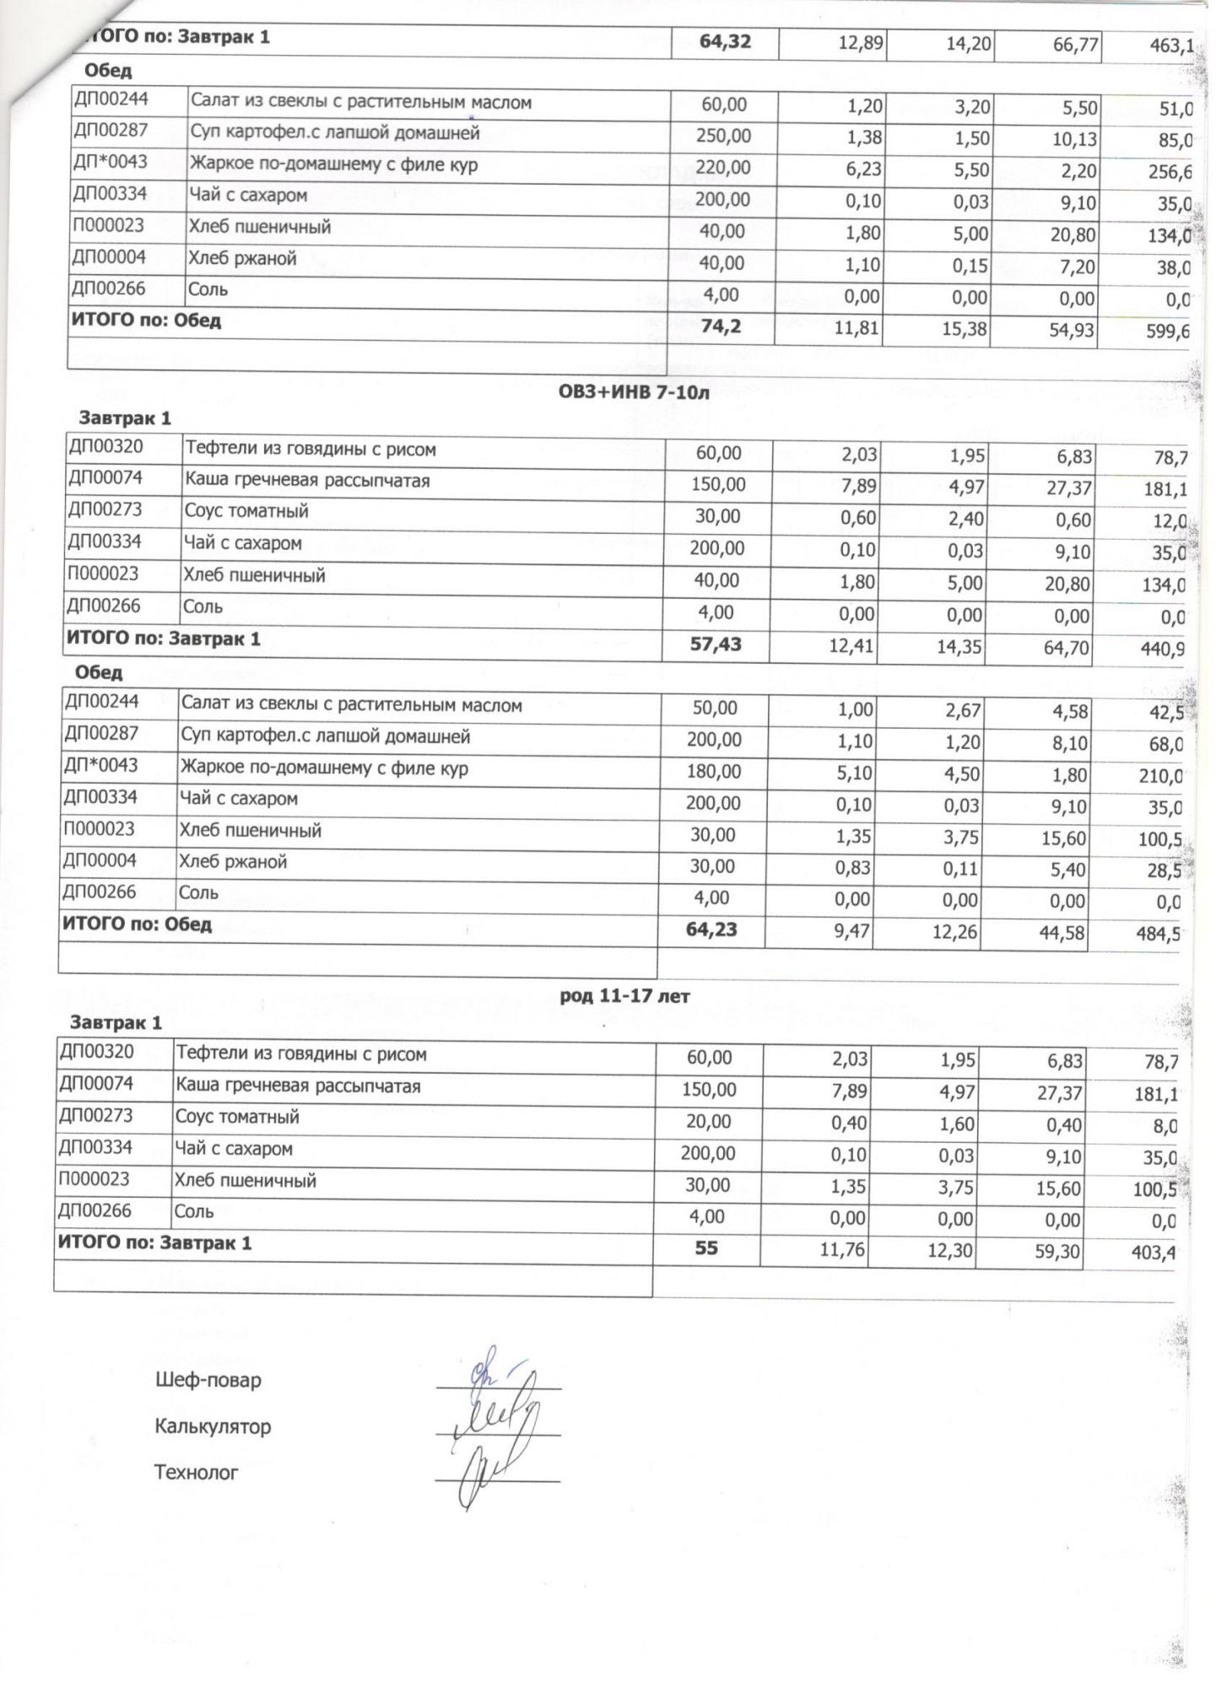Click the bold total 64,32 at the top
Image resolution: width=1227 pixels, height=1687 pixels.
pos(725,40)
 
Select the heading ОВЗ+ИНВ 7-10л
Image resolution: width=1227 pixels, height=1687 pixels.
pos(624,394)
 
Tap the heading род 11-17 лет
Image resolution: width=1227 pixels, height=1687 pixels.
pos(624,996)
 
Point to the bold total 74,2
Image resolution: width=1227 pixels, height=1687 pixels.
pos(721,326)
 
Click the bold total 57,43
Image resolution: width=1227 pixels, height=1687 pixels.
pos(716,645)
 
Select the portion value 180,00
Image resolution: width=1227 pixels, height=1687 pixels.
pos(713,772)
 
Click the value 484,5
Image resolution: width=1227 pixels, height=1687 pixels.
pos(1157,935)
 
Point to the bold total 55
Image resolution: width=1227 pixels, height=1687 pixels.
pos(706,1247)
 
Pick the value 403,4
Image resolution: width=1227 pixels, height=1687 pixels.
pos(1153,1253)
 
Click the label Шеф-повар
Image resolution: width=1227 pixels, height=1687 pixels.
pos(208,1381)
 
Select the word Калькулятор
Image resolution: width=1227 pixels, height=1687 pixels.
pos(213,1427)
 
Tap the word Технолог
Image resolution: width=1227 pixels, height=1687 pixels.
pos(196,1473)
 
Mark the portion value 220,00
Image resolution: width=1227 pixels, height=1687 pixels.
pos(722,168)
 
